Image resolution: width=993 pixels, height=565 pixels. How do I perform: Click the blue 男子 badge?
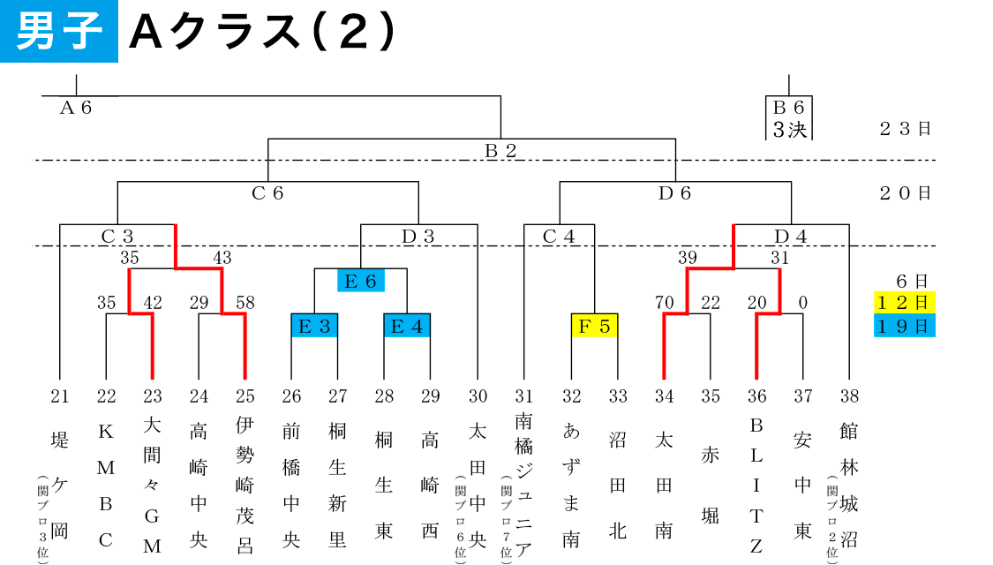[x=59, y=31]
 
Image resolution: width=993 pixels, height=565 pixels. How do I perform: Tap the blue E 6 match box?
[x=361, y=281]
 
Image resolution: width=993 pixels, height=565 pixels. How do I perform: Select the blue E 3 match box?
[x=314, y=326]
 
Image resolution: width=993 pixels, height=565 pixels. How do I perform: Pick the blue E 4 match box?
[x=407, y=326]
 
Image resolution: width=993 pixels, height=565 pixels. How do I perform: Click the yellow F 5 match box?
[x=594, y=326]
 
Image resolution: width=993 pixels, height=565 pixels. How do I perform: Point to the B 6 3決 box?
[x=789, y=118]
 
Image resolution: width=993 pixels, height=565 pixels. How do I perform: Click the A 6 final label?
[x=76, y=108]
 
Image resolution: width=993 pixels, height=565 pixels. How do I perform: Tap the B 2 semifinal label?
[x=500, y=151]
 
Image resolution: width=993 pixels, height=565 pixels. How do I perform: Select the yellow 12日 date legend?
[x=905, y=302]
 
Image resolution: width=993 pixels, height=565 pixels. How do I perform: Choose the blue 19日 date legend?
[x=905, y=326]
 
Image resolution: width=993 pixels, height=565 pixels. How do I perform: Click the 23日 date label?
[x=905, y=129]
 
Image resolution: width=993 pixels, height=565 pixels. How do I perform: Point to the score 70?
[x=665, y=303]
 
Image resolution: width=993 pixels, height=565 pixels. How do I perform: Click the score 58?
[x=245, y=303]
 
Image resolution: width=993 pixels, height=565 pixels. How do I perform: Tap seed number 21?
[x=59, y=395]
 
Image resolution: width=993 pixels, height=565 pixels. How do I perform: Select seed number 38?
[x=849, y=395]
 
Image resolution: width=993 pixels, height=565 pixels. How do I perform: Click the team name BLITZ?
[x=756, y=486]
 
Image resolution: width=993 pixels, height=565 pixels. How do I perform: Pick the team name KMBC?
[x=106, y=486]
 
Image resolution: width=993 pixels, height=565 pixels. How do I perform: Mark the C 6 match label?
[x=267, y=193]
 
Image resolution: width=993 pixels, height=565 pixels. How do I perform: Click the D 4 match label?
[x=791, y=237]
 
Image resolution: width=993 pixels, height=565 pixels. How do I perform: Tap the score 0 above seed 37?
[x=803, y=303]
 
